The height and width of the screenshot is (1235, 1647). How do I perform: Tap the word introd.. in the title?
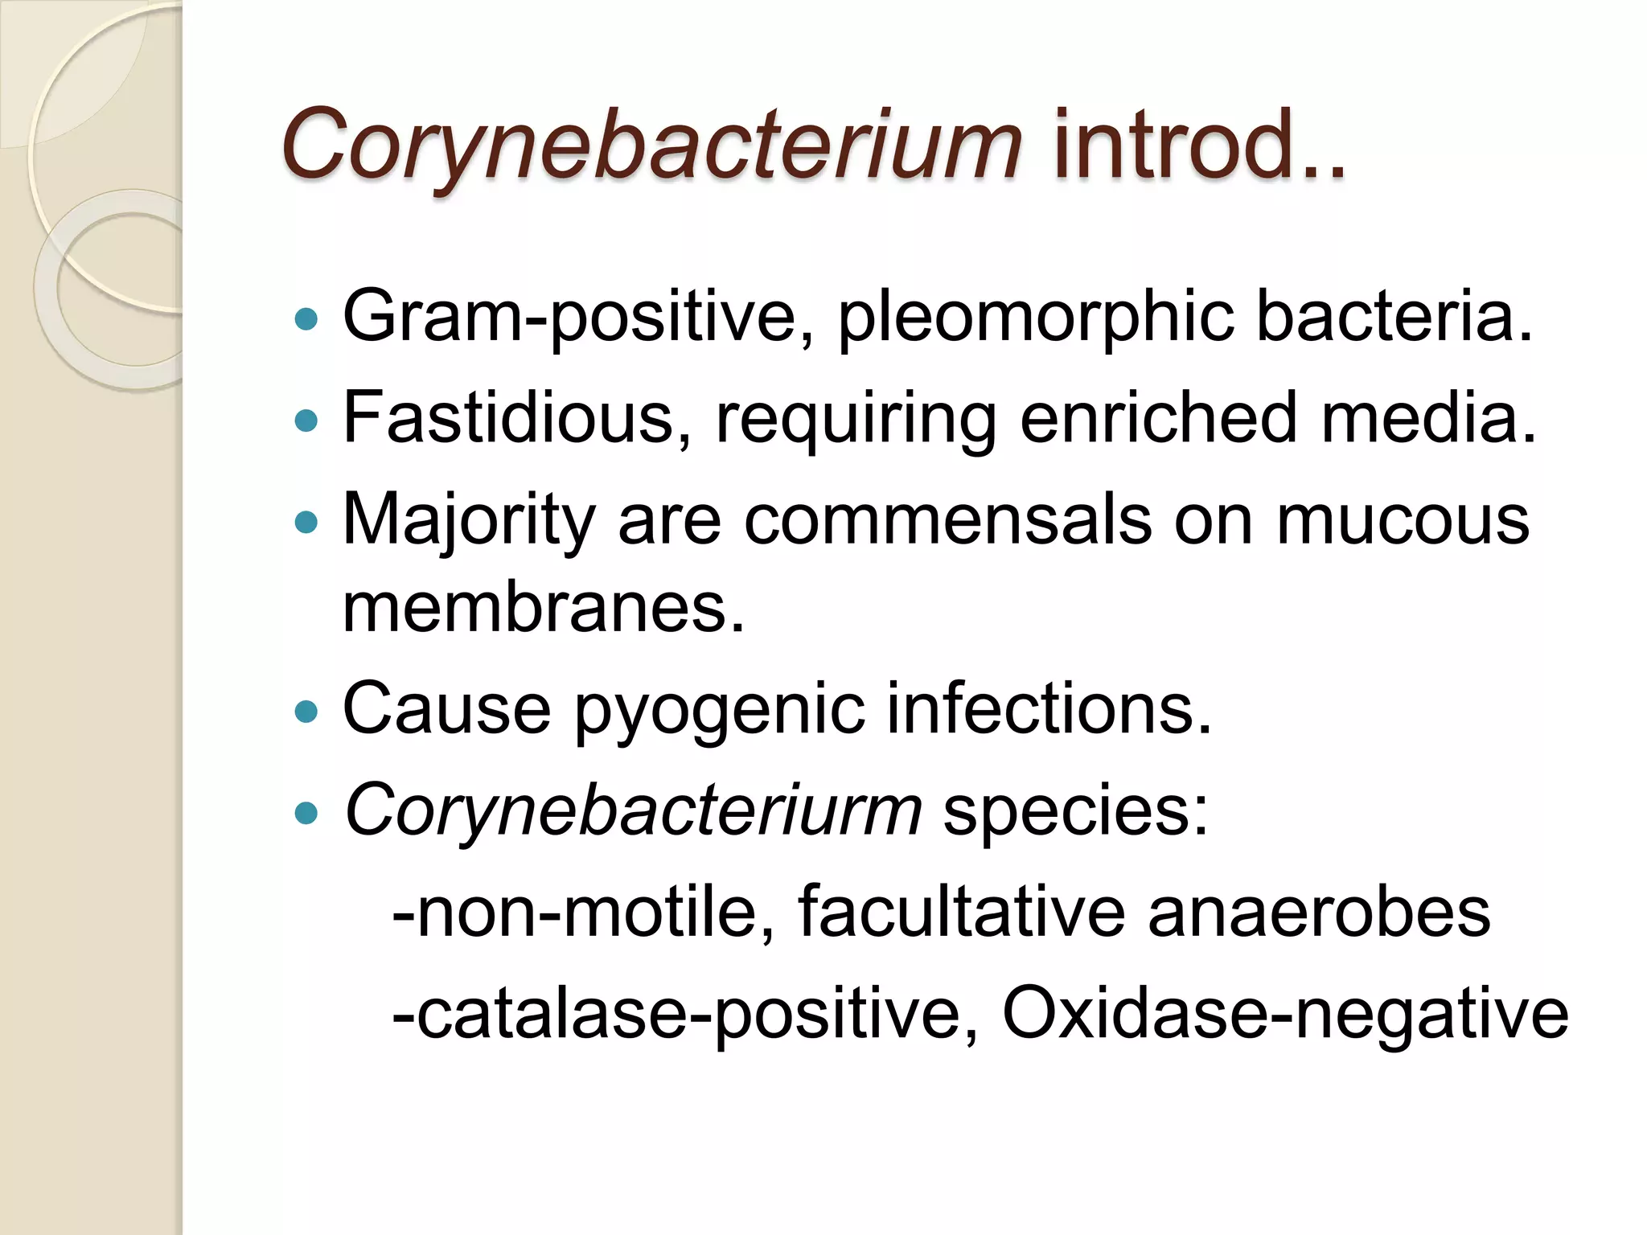(x=1198, y=145)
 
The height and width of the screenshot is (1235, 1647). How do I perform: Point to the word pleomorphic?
(x=1036, y=316)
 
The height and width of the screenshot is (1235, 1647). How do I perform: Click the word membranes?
(x=544, y=607)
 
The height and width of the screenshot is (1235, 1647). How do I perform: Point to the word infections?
(x=1049, y=709)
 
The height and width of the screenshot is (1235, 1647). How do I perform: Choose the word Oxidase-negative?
(x=1285, y=1015)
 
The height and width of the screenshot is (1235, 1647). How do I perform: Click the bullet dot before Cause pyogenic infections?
(x=306, y=712)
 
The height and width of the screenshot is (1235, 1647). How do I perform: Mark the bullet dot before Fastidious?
(x=306, y=421)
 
